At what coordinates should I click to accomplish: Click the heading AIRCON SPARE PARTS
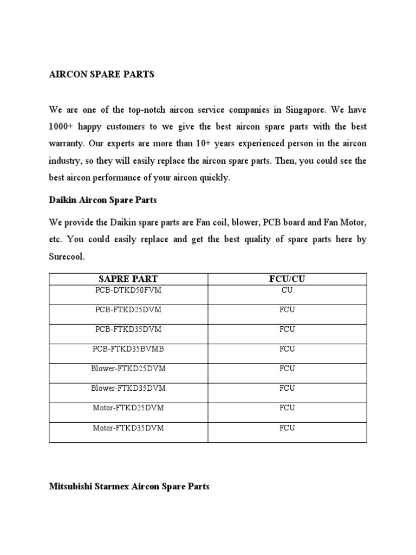101,75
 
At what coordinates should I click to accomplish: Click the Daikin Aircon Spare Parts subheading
103,200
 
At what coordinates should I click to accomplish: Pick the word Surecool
67,257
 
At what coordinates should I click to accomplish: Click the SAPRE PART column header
128,279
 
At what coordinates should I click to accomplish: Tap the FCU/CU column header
287,279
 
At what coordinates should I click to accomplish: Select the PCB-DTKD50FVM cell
128,291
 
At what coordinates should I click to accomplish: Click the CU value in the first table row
287,291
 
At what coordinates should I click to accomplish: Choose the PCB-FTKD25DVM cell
128,310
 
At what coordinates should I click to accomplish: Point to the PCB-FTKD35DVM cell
128,330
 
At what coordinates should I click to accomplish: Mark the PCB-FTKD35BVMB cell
128,349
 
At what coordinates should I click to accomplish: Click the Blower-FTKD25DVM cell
128,369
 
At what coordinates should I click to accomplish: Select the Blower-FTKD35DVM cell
128,388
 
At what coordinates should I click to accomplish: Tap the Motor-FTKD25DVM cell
128,408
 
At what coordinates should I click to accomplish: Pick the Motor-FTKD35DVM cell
128,428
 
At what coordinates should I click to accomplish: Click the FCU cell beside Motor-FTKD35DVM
287,428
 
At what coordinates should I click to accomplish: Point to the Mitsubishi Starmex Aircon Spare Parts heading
129,487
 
